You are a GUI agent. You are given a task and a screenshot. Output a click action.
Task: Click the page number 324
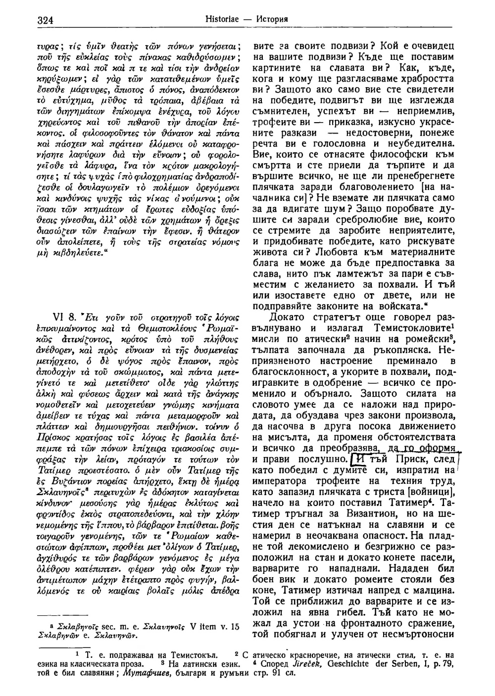pos(45,19)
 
